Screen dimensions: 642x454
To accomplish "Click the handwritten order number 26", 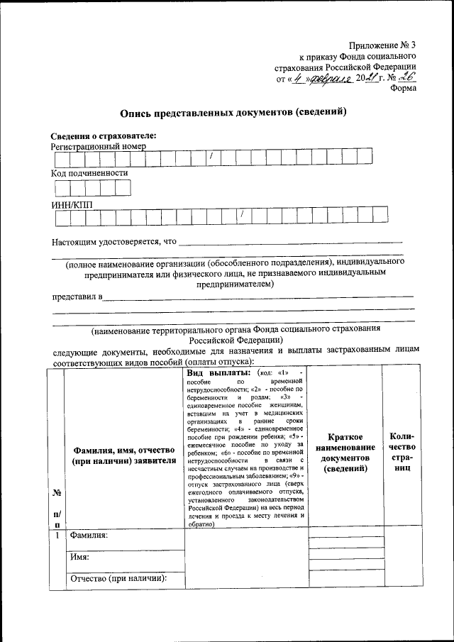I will point(409,78).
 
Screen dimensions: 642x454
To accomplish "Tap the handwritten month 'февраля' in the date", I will point(330,79).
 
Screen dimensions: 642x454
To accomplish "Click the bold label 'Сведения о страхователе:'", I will point(104,136).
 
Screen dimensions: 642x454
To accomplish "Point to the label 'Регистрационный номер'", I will point(97,147).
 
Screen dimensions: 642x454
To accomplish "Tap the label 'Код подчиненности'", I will point(89,172).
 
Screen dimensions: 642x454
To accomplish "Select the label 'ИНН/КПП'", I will point(72,205).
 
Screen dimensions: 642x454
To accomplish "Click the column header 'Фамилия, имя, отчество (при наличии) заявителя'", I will point(124,455).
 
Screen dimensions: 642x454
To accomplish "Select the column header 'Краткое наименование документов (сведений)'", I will point(345,455).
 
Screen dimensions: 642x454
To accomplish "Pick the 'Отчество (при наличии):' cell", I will point(118,579).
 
